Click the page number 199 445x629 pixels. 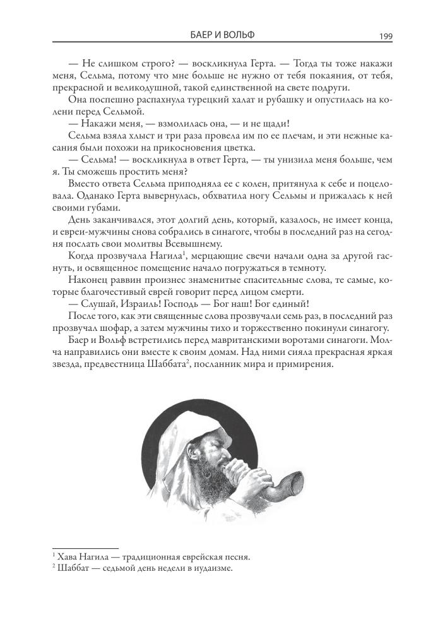point(386,36)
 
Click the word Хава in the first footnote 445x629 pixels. point(67,558)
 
